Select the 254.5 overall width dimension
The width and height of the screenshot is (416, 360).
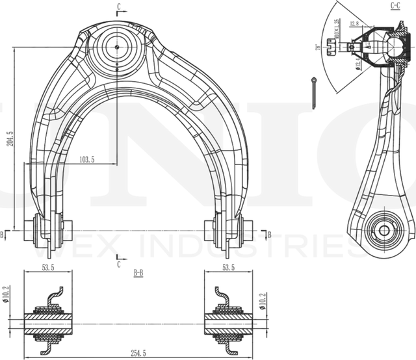(138, 353)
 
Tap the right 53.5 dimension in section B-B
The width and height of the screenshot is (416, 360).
(228, 267)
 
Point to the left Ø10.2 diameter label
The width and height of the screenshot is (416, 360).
(6, 296)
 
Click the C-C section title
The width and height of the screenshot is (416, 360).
(395, 6)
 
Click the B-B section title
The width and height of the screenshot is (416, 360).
(138, 274)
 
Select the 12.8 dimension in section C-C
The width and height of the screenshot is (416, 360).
(354, 24)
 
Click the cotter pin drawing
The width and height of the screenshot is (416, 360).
(315, 92)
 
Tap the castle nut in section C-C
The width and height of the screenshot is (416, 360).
(333, 47)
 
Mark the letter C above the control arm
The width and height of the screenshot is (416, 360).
(118, 6)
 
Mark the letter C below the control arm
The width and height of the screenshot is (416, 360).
(118, 264)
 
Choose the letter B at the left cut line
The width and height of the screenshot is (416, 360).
(3, 234)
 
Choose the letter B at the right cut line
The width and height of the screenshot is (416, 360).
(268, 233)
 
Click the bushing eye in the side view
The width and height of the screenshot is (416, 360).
(383, 231)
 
